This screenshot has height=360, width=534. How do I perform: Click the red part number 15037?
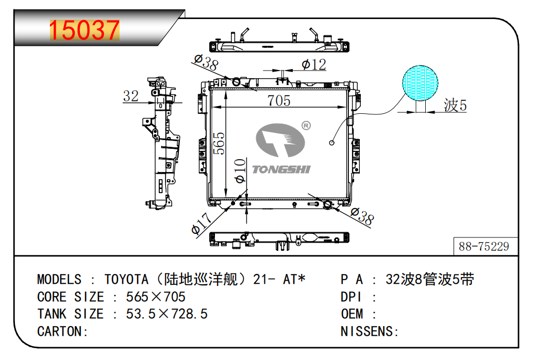[x=85, y=30]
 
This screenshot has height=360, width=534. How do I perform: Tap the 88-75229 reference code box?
[x=486, y=246]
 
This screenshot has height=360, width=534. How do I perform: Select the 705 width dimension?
[x=278, y=100]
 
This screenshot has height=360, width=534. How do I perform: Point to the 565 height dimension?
[x=219, y=143]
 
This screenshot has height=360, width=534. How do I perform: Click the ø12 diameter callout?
[x=314, y=64]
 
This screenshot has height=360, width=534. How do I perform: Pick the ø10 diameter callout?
[x=240, y=170]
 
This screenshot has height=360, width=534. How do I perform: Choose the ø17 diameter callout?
[x=201, y=224]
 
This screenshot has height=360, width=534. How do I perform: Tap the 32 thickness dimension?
[x=131, y=96]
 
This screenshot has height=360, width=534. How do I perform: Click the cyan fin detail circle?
[x=420, y=83]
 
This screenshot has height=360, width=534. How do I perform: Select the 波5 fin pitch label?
[x=455, y=105]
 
